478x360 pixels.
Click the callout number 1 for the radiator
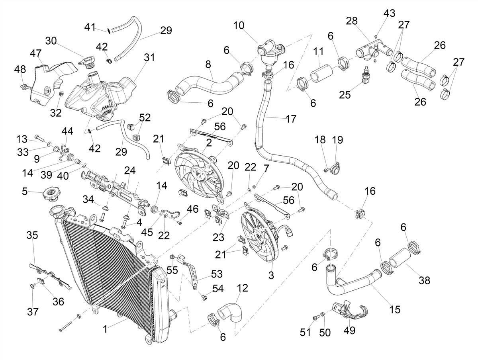coord(106,329)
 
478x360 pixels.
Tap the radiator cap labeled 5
coord(51,194)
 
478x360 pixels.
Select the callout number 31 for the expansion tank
coord(149,57)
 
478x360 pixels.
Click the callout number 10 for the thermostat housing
coord(239,25)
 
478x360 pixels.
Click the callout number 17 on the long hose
coord(291,119)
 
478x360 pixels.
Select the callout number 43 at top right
coord(390,13)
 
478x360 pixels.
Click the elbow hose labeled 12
coord(231,312)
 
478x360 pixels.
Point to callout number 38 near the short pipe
coord(425,281)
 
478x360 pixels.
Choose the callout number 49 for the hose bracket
coord(349,330)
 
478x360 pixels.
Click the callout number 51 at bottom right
coord(305,333)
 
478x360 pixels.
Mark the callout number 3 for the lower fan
coord(271,275)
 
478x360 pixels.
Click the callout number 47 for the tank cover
coord(35,53)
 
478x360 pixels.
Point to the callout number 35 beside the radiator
coord(32,235)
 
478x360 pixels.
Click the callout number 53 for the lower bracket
coord(217,274)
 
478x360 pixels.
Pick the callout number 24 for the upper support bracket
coord(130,170)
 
